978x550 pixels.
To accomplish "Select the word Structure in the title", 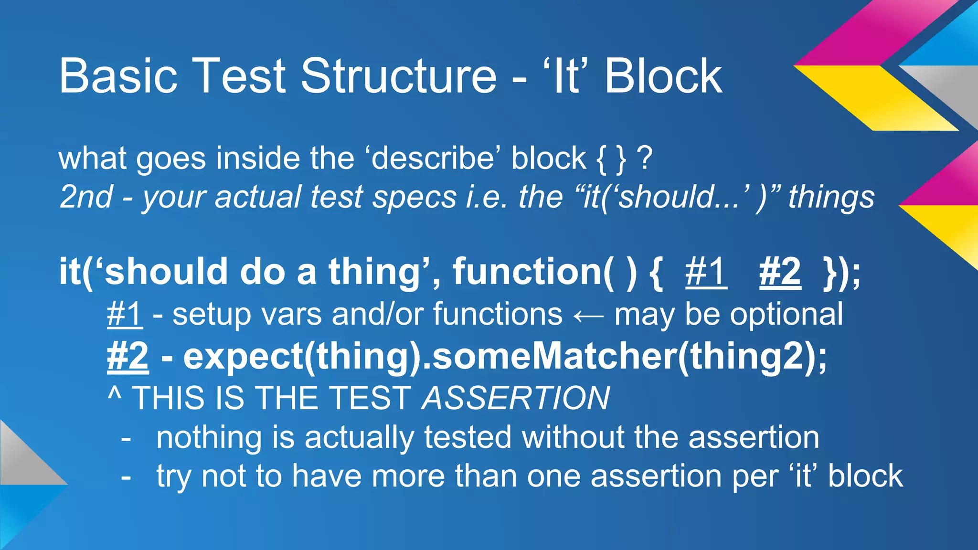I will (x=399, y=76).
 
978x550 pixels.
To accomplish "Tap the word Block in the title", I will (x=663, y=76).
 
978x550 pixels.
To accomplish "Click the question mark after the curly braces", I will (x=645, y=159).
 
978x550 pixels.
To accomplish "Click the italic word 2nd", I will (x=86, y=197).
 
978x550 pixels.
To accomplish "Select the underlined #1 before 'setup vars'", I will (x=125, y=315).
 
